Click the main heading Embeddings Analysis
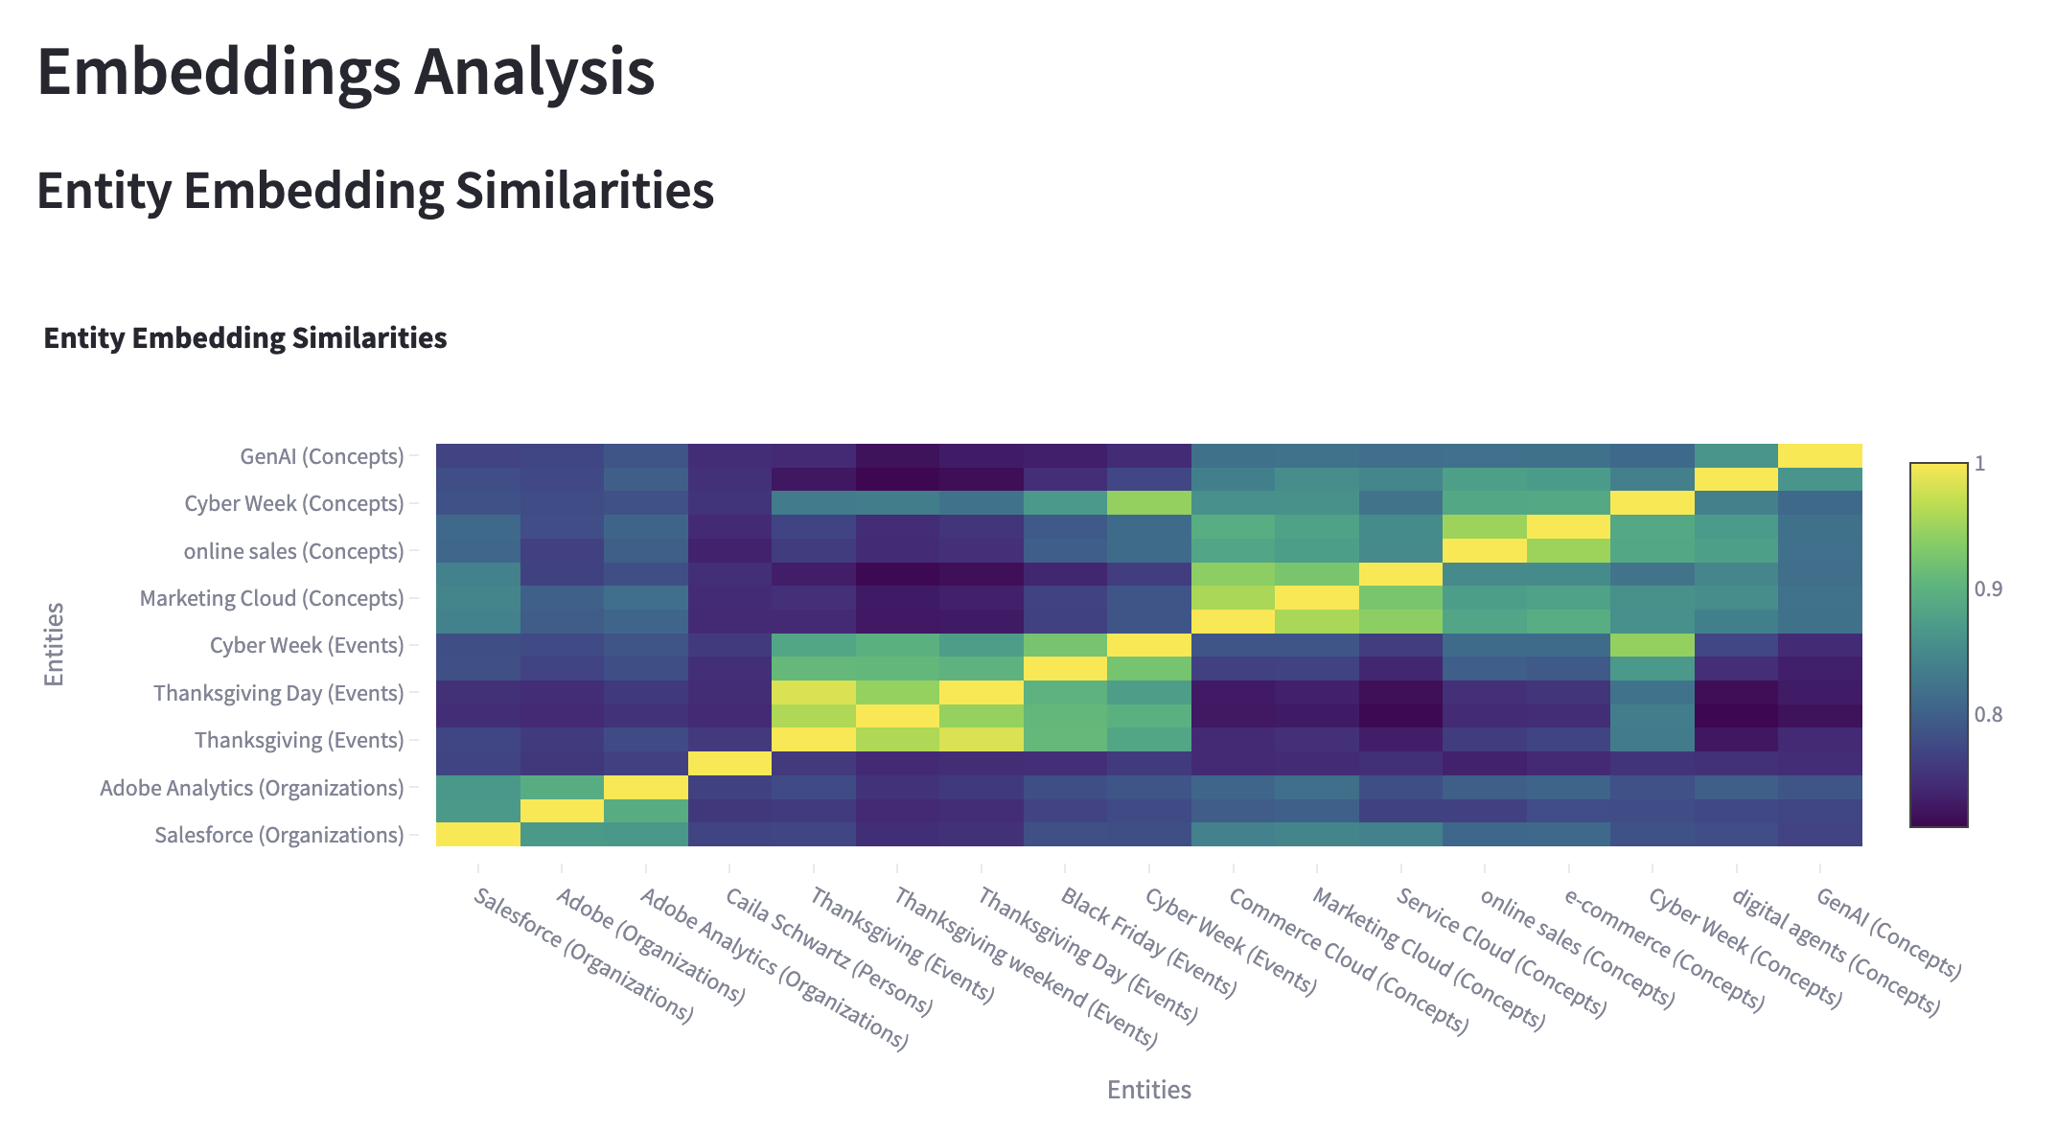point(345,73)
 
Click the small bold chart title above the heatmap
point(245,338)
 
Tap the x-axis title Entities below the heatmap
point(1148,1090)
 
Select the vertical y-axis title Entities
point(55,644)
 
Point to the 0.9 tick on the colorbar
point(1988,589)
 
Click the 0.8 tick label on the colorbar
point(1988,714)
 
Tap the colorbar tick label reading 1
point(1980,464)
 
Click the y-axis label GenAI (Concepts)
point(322,456)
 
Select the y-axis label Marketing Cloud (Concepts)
point(272,598)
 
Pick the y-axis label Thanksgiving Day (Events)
point(279,693)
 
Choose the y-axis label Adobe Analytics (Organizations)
point(252,788)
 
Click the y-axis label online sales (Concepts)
point(293,551)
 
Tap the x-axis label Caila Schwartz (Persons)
point(828,951)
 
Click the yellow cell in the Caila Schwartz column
point(729,764)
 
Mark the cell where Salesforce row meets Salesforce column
point(478,835)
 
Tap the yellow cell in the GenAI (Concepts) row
point(1819,455)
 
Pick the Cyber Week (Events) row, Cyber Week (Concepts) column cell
point(1652,645)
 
